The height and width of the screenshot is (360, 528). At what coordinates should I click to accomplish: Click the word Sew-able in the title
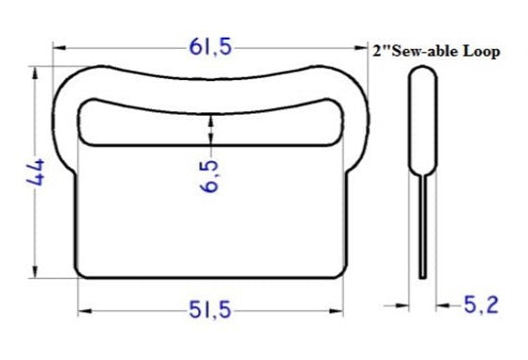pos(423,52)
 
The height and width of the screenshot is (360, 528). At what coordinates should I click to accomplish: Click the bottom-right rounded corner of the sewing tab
pos(340,272)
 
